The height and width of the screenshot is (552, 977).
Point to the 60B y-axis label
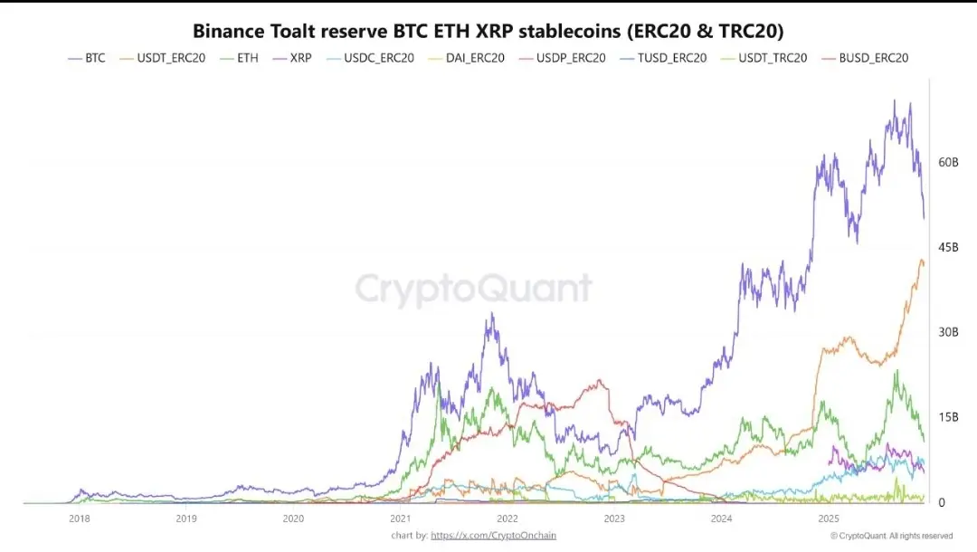pyautogui.click(x=948, y=162)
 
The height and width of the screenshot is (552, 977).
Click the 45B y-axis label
pyautogui.click(x=948, y=247)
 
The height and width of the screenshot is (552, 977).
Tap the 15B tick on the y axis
pyautogui.click(x=948, y=417)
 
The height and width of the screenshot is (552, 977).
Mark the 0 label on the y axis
pyautogui.click(x=943, y=502)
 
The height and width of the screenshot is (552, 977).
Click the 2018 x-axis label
pyautogui.click(x=80, y=519)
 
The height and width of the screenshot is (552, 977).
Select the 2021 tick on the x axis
pyautogui.click(x=400, y=519)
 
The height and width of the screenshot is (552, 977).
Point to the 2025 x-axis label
pyautogui.click(x=828, y=519)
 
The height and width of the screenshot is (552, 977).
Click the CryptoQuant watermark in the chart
pyautogui.click(x=473, y=289)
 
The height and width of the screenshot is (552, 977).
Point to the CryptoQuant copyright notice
pyautogui.click(x=891, y=536)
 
